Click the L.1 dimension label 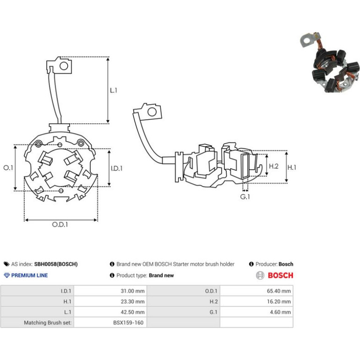point(114,90)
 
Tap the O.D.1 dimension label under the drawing point(60,224)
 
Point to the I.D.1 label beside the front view point(116,168)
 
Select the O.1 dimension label point(8,167)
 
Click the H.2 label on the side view point(274,166)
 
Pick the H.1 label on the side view point(292,167)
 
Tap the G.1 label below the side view point(245,197)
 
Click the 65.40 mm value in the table point(279,291)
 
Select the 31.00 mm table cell point(133,291)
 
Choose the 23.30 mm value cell point(133,302)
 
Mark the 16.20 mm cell point(279,302)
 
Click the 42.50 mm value point(133,312)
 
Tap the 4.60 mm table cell point(281,312)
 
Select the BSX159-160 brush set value point(129,323)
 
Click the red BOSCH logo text point(281,275)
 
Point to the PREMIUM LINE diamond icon point(7,275)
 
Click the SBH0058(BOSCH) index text point(56,264)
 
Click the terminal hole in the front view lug point(64,66)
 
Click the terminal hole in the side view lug point(152,112)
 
